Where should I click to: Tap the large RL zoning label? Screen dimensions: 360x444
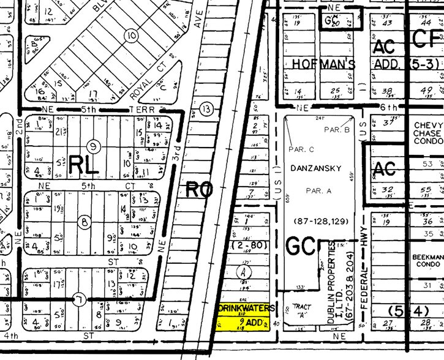click(x=83, y=163)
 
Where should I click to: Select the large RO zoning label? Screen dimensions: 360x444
click(x=200, y=190)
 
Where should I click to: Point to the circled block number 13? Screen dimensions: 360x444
click(x=209, y=109)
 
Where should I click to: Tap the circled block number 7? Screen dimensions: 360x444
click(x=78, y=300)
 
